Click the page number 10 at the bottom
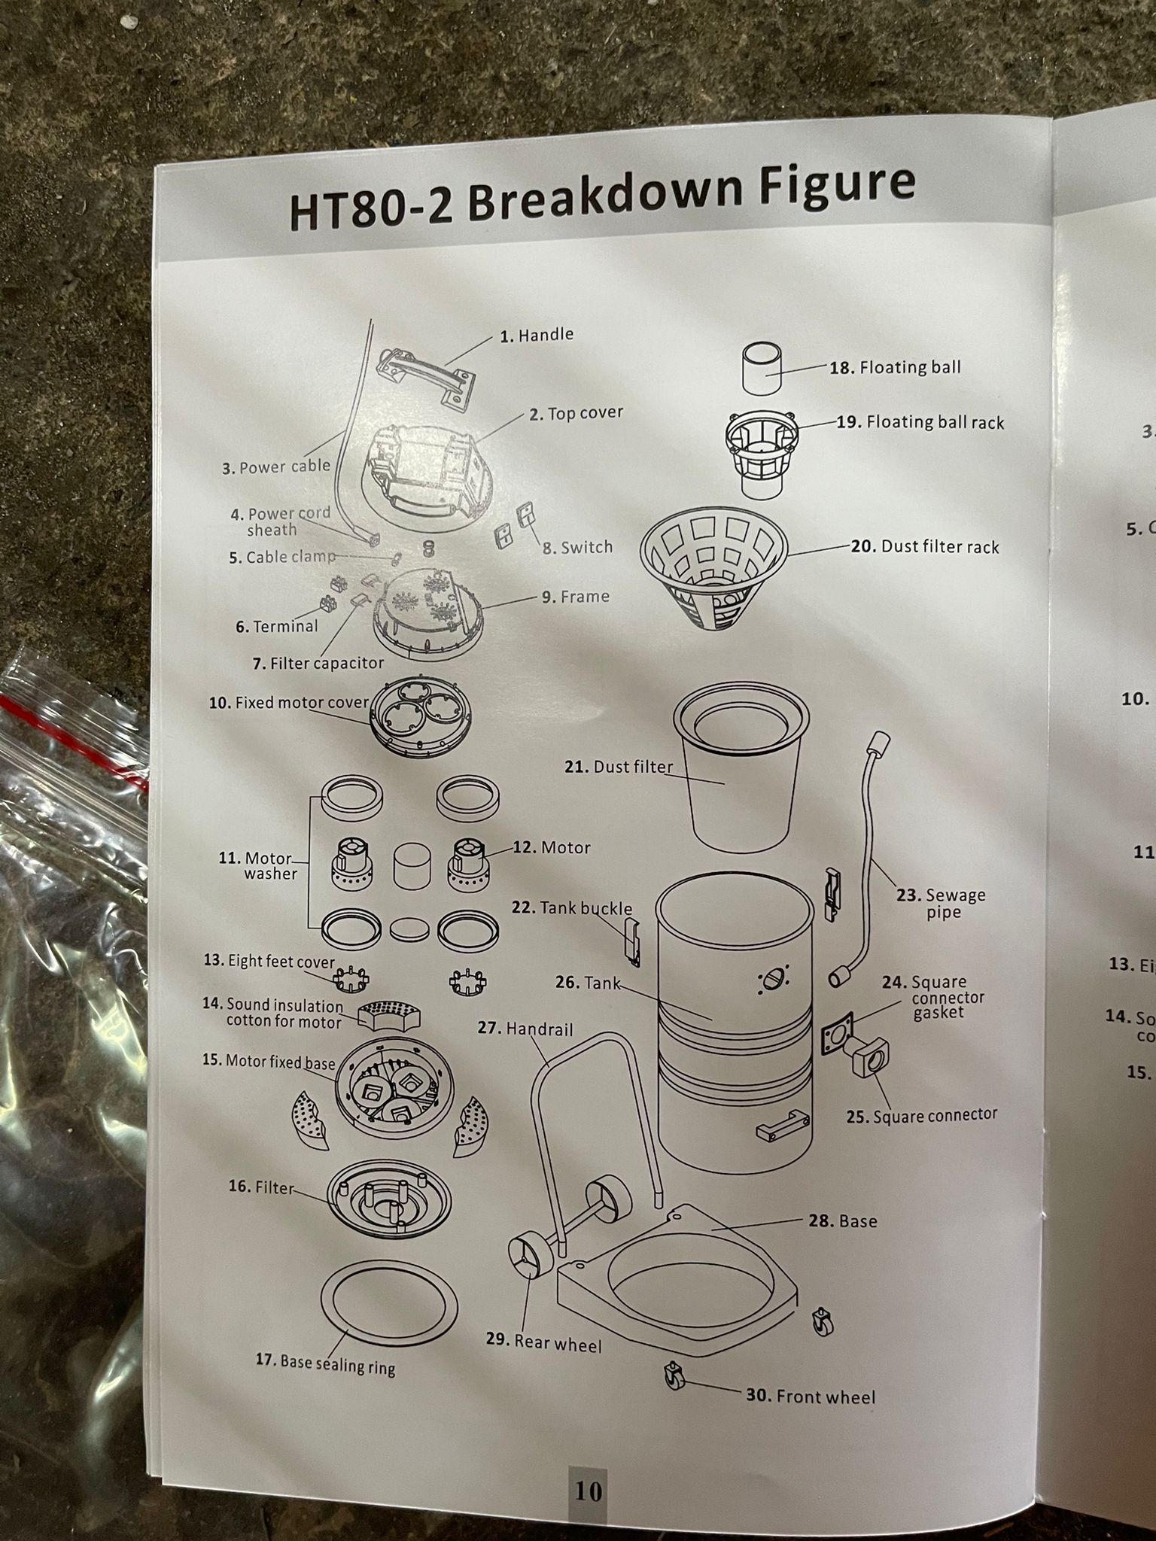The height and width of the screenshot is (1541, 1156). pos(588,1491)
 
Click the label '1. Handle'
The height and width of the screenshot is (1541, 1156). pos(537,335)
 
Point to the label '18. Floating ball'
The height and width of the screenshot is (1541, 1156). pos(895,367)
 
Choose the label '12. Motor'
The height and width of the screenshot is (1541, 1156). pos(552,847)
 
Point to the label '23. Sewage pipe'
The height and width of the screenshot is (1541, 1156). pos(941,903)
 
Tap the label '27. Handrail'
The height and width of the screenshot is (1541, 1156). pos(525,1028)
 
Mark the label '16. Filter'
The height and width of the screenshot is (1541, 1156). pos(261,1187)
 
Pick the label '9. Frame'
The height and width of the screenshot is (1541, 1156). pos(575,597)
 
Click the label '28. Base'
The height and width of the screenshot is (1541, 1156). pos(843,1220)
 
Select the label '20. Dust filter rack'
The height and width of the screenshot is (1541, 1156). pos(925,546)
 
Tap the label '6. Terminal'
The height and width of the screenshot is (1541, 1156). pos(277,626)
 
